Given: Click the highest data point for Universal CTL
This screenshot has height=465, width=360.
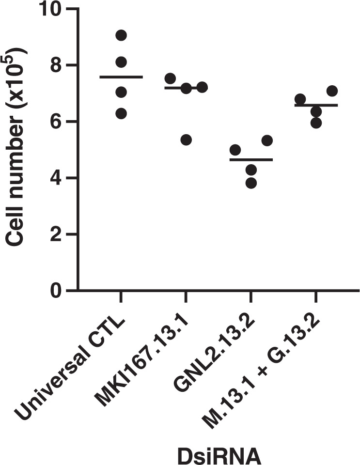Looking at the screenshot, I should [x=121, y=35].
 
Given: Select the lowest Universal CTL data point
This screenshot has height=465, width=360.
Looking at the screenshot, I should [x=121, y=113].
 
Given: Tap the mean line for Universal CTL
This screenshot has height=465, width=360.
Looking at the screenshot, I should [x=121, y=77].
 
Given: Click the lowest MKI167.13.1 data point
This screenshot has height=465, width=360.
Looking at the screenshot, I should [x=186, y=140].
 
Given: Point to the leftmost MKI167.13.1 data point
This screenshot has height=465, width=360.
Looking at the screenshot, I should [x=170, y=78].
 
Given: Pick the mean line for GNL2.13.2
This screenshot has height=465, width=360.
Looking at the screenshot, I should [x=251, y=159].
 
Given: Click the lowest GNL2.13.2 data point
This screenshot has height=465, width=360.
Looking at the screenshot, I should [x=251, y=183].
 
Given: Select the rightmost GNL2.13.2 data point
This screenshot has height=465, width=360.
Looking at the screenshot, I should [x=267, y=140].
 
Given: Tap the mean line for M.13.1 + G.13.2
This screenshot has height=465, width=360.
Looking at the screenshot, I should [x=316, y=105].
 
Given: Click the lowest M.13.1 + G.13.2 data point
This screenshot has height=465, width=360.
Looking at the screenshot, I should [x=316, y=122].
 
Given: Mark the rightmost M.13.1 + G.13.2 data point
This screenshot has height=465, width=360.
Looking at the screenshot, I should [x=332, y=91].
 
